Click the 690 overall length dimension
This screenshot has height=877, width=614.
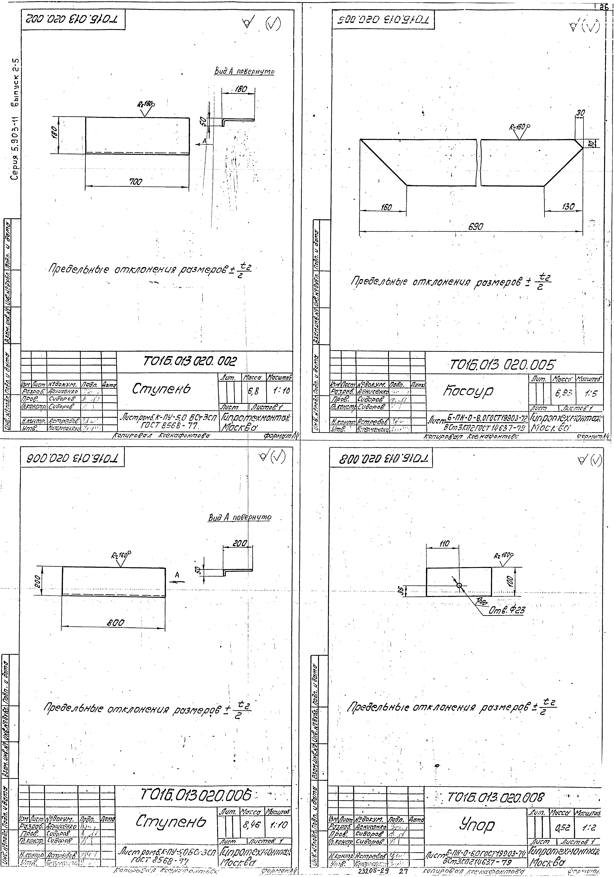pyautogui.click(x=476, y=226)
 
